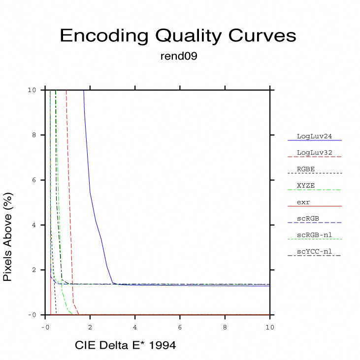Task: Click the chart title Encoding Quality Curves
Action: pyautogui.click(x=178, y=36)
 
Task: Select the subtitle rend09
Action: pyautogui.click(x=179, y=57)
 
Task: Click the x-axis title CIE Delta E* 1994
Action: pyautogui.click(x=125, y=346)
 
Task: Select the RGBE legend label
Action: pyautogui.click(x=306, y=169)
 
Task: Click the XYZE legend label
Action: pyautogui.click(x=306, y=186)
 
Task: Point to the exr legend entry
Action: pyautogui.click(x=303, y=202)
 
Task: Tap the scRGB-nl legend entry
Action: pyautogui.click(x=314, y=235)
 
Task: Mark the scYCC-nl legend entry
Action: pyautogui.click(x=314, y=252)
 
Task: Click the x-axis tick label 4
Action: pyautogui.click(x=135, y=327)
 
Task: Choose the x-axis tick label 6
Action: pyautogui.click(x=180, y=327)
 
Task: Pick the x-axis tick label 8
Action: pyautogui.click(x=225, y=327)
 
